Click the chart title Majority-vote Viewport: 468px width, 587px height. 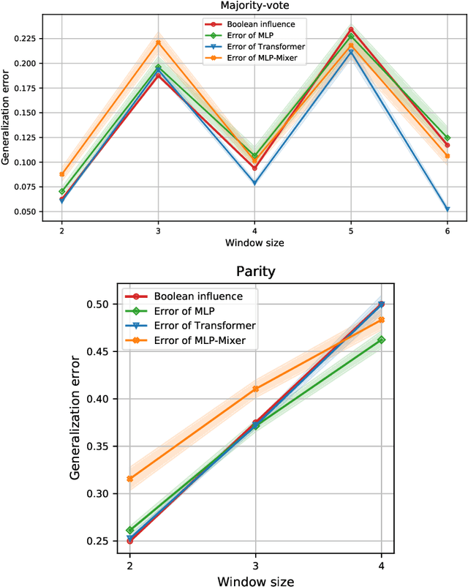tap(253, 6)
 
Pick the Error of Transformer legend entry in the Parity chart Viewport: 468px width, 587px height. tap(199, 325)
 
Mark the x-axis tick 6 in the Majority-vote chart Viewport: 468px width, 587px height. tap(447, 231)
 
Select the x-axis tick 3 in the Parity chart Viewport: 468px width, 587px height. tap(254, 567)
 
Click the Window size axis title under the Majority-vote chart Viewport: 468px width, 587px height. tap(254, 242)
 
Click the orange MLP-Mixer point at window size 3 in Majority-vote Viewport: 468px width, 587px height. tap(158, 42)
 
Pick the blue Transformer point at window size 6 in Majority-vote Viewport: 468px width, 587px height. tap(447, 209)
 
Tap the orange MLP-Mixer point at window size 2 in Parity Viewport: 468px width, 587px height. tap(130, 479)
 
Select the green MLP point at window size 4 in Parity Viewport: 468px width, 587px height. tap(380, 340)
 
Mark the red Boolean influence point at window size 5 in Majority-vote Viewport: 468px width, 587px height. tap(351, 30)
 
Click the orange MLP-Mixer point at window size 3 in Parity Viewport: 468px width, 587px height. tap(255, 389)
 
